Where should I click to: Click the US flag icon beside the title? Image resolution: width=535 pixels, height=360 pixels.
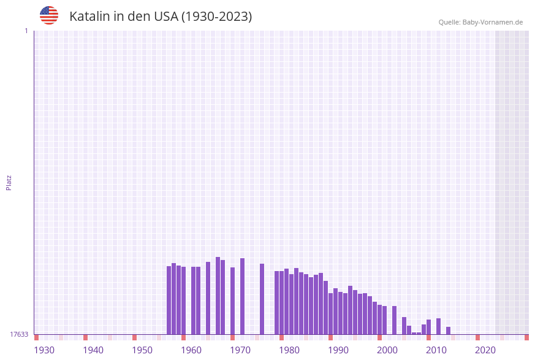[49, 15]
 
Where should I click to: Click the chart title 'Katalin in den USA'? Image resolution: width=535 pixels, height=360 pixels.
[161, 17]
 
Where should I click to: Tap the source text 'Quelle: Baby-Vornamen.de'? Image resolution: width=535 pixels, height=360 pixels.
[480, 23]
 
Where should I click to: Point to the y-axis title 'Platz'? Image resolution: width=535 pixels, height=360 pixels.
[9, 182]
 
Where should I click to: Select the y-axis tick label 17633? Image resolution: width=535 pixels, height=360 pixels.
[19, 334]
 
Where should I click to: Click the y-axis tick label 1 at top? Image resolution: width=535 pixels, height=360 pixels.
[26, 31]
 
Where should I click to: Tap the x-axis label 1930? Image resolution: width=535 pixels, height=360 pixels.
[44, 350]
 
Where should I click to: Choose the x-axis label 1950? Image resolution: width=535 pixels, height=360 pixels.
[142, 350]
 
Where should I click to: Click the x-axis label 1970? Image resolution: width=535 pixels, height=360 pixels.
[240, 350]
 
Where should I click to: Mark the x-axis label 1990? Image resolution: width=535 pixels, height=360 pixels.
[338, 350]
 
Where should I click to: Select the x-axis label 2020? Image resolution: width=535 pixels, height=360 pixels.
[485, 350]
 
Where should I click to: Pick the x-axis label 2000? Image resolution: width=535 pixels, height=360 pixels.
[387, 350]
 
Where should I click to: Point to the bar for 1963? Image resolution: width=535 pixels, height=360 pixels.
[208, 298]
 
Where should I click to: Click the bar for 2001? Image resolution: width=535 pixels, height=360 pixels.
[394, 320]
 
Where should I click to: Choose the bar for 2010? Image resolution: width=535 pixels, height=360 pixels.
[438, 326]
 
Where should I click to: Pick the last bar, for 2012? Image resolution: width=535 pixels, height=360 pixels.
[448, 331]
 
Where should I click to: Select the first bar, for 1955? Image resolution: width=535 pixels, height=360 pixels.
[169, 300]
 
